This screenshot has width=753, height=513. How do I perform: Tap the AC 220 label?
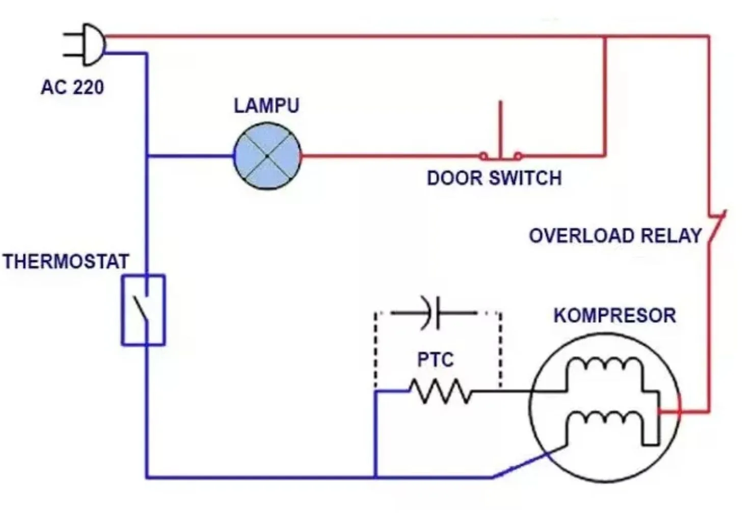click(72, 87)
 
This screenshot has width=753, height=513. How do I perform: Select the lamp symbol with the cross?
click(267, 157)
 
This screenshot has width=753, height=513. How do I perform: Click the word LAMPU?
click(266, 106)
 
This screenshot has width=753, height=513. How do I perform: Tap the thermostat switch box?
click(143, 310)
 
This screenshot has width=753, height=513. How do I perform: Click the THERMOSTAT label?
click(66, 262)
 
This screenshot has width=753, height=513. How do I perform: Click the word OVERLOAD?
click(581, 236)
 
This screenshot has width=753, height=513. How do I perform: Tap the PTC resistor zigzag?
click(441, 392)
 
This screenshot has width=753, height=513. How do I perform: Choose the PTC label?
click(435, 360)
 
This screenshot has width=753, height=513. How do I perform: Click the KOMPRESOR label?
click(614, 316)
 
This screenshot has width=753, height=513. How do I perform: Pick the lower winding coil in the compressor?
click(604, 420)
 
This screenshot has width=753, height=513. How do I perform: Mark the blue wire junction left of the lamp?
click(147, 156)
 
